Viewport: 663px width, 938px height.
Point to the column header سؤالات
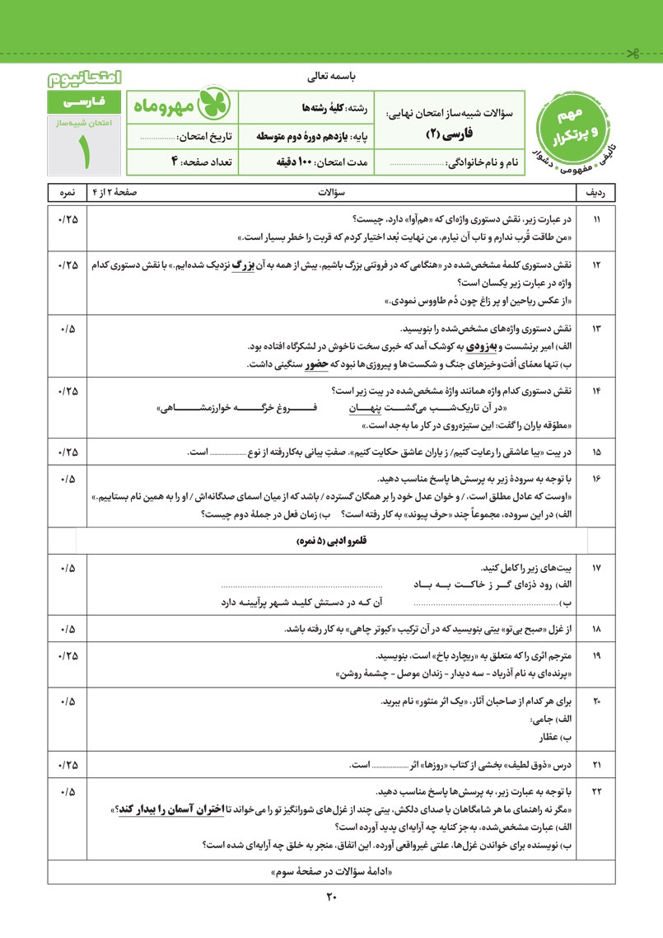(330, 193)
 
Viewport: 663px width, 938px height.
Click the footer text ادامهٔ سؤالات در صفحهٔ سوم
(331, 872)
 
